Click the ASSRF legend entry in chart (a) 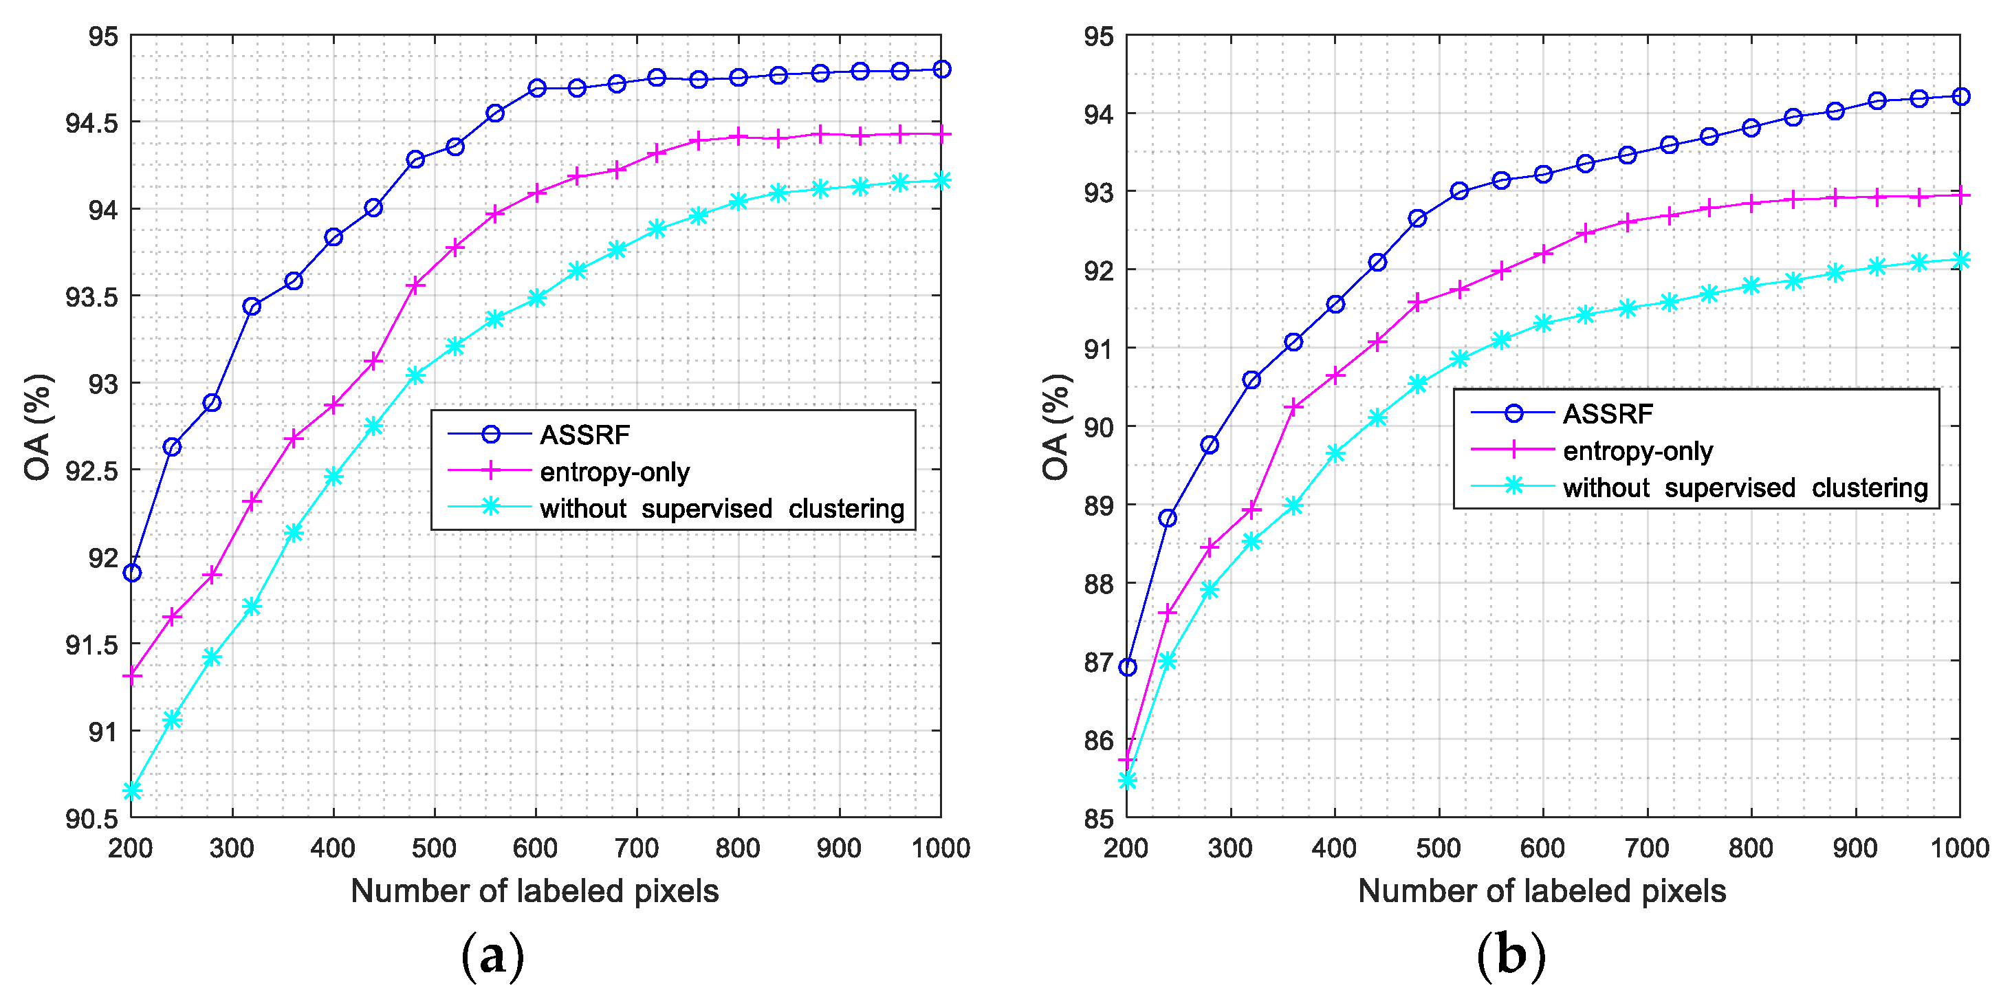coord(584,435)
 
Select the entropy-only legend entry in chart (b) coord(1637,450)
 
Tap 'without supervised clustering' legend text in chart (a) coord(722,509)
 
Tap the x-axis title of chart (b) coord(1541,891)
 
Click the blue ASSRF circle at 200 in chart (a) coord(132,573)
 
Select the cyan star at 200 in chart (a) coord(132,791)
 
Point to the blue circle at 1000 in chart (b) coord(1960,97)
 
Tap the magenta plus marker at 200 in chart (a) coord(132,675)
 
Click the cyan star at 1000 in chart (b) coord(1960,260)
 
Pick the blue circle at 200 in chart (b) coord(1127,667)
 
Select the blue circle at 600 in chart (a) coord(536,88)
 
